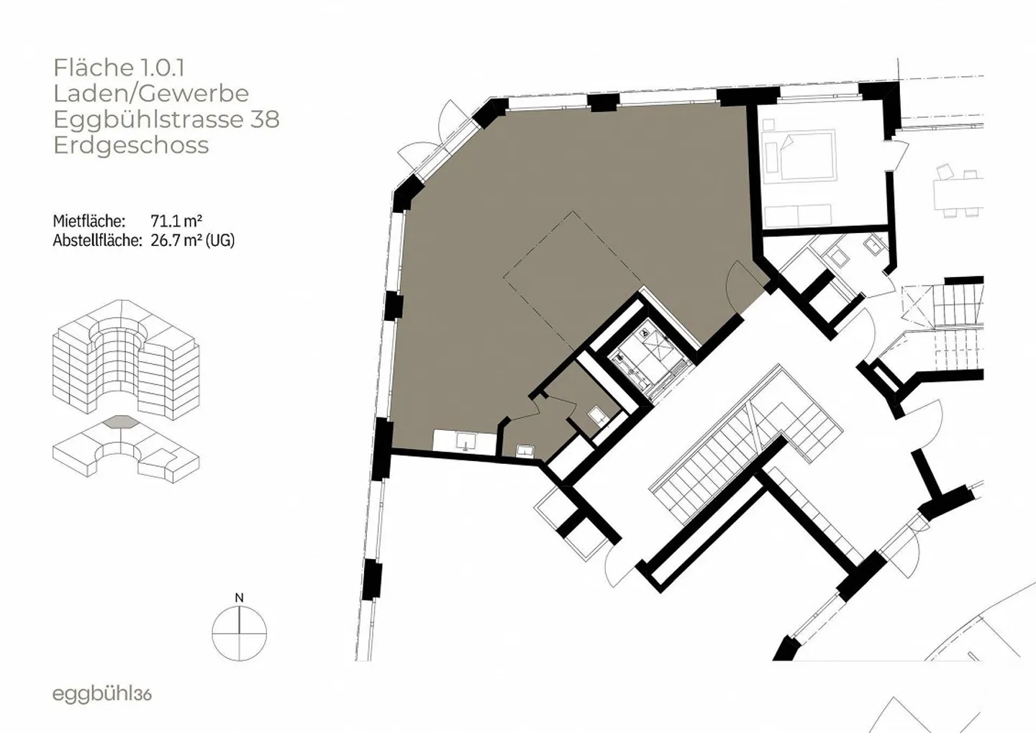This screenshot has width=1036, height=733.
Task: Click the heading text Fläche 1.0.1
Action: [119, 68]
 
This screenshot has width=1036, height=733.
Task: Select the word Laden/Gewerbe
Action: [151, 94]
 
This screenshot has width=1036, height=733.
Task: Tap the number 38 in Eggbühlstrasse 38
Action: [265, 119]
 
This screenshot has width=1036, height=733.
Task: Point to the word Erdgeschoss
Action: [132, 145]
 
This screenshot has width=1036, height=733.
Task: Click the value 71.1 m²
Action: [176, 221]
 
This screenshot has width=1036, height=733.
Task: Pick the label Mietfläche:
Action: [89, 221]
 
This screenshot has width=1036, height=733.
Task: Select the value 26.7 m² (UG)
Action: [192, 240]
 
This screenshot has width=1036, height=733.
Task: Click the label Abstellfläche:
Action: [98, 240]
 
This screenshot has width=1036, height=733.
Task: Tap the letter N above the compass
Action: [239, 598]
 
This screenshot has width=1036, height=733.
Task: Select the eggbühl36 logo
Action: [102, 695]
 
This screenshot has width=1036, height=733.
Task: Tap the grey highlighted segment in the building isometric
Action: [121, 422]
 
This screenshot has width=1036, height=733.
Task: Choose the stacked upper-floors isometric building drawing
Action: [127, 360]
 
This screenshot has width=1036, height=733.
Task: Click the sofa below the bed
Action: [798, 216]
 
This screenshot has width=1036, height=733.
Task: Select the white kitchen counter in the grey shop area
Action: [465, 440]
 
